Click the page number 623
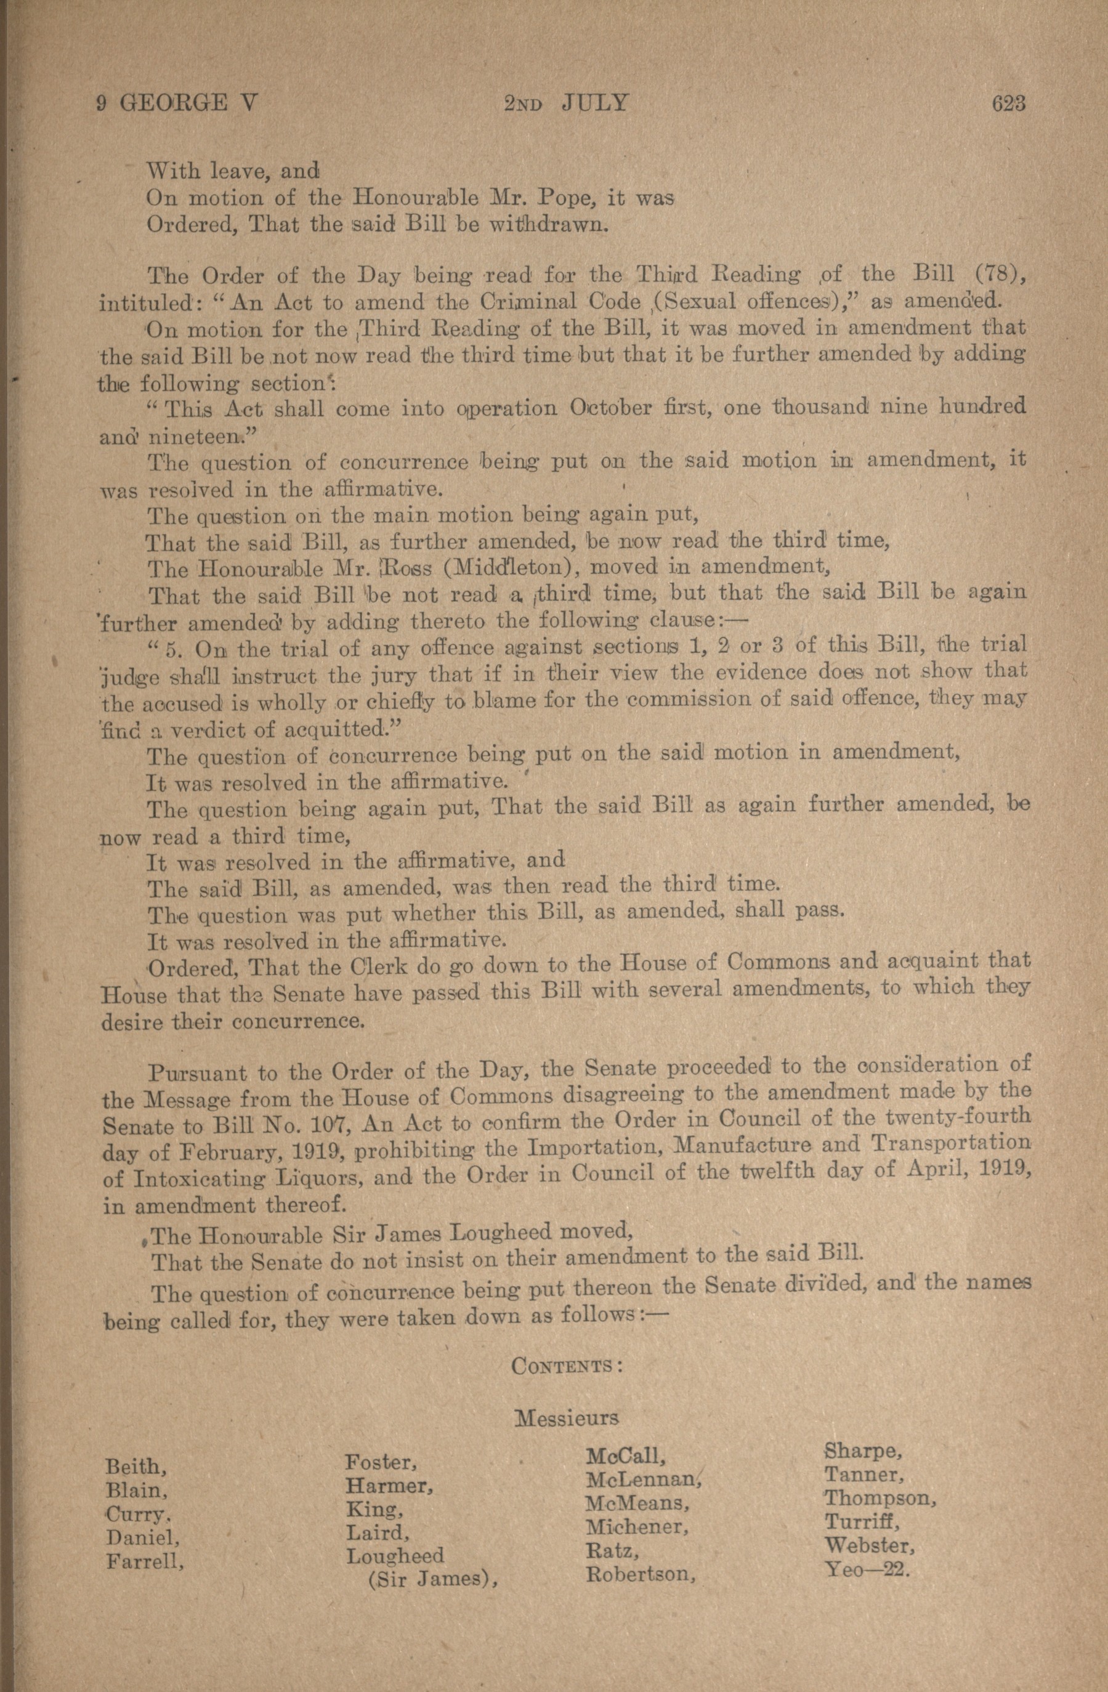(1008, 104)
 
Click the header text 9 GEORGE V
(176, 104)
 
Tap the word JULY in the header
(595, 104)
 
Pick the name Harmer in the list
(389, 1486)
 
